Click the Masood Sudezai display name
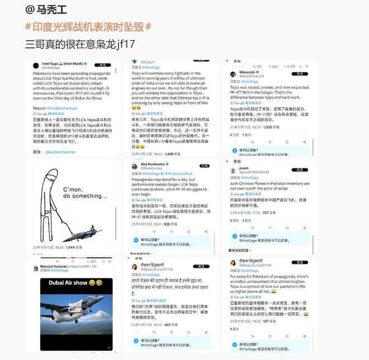(x=54, y=267)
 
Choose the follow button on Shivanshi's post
(x=300, y=74)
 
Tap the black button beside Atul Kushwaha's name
(x=204, y=166)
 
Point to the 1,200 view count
(x=271, y=127)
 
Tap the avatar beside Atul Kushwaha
(x=135, y=167)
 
